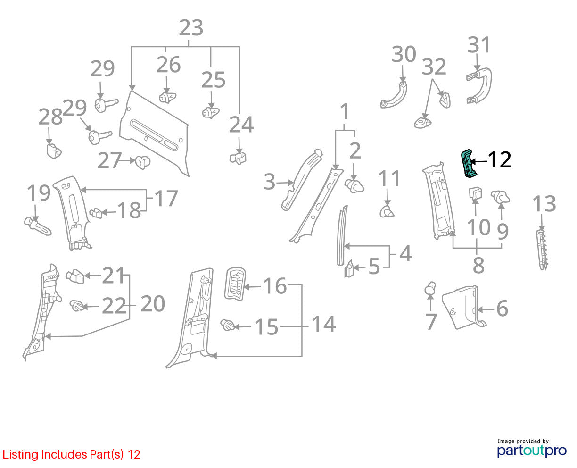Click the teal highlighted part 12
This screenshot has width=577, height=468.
point(468,164)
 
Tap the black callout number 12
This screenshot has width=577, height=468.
point(499,160)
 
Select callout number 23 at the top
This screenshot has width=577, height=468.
point(191,28)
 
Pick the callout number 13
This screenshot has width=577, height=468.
point(544,203)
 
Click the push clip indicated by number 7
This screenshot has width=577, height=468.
point(430,288)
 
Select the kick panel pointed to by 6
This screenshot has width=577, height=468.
point(461,308)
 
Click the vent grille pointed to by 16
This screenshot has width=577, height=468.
point(235,284)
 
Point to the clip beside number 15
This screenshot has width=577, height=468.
point(227,325)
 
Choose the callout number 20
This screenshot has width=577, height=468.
point(153,304)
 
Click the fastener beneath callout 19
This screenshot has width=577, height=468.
point(37,226)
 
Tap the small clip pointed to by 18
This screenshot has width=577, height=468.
point(96,213)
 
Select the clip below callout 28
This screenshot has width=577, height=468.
point(54,151)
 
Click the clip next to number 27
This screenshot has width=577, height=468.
point(142,162)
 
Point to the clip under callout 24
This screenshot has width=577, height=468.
point(238,158)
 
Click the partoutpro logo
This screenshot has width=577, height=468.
point(531,451)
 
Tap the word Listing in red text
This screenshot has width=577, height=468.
point(20,454)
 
